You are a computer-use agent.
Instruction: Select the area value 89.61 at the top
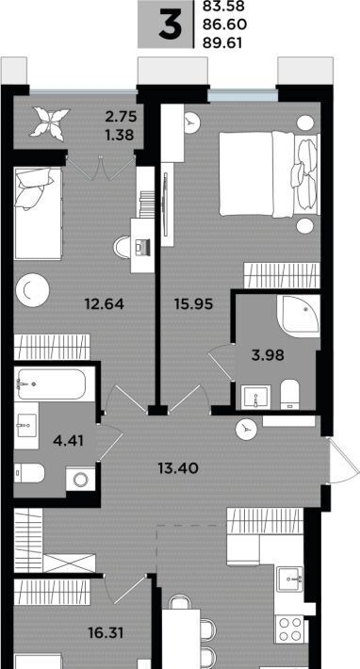coord(224,43)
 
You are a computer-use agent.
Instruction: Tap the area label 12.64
coord(104,304)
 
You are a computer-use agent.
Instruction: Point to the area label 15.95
coord(193,303)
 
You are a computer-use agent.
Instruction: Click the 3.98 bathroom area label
coord(268,355)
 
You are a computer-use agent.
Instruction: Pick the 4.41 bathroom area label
coord(68,440)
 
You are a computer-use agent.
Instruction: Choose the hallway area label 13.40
coord(178,468)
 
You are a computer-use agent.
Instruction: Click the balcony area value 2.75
coord(122,116)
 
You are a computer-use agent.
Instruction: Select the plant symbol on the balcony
coord(50,123)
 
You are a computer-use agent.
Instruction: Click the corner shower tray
coord(299,316)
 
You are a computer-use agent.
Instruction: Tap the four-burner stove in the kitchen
coord(289,628)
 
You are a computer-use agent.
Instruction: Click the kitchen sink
coord(289,579)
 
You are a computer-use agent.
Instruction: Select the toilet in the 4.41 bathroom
coord(29,473)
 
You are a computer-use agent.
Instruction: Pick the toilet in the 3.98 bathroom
coord(290,394)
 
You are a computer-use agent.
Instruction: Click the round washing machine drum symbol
coord(81,480)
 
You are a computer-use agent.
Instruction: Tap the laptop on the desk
coord(142,247)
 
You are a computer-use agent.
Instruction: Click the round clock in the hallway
coord(247,429)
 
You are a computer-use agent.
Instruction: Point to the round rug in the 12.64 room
coord(32,290)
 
